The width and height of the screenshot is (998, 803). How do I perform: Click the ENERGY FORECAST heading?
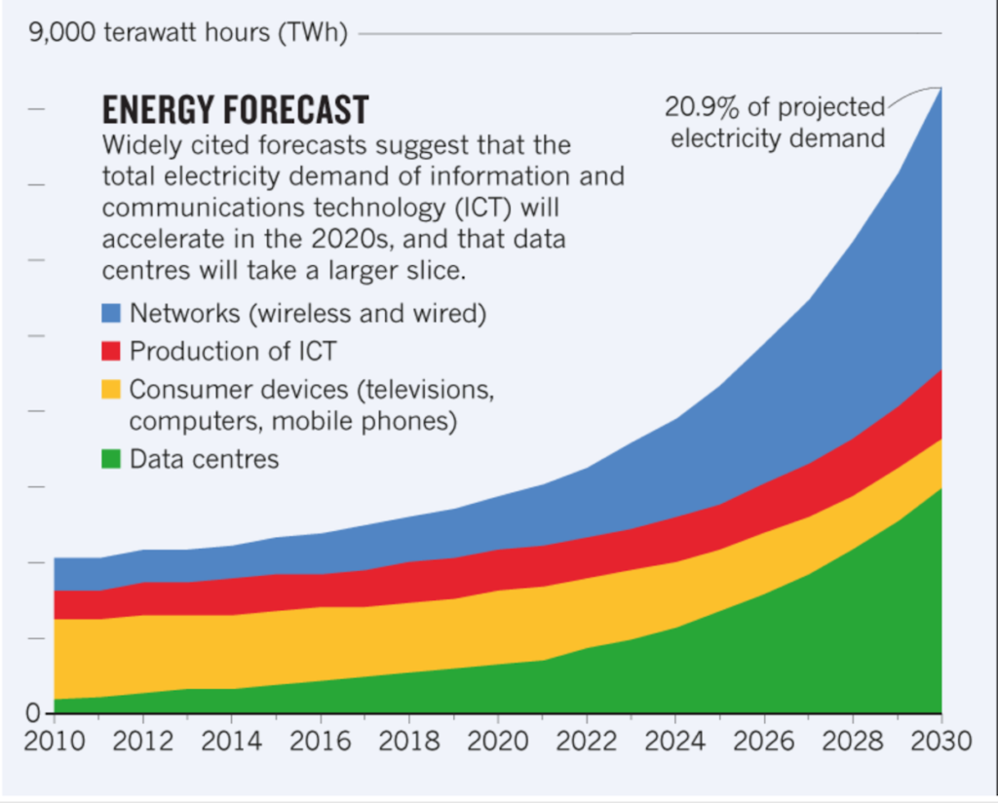[235, 109]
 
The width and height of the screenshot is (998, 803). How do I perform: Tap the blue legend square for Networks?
[112, 314]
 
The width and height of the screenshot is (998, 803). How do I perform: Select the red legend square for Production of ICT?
[112, 352]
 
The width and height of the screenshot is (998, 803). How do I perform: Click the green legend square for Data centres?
[112, 459]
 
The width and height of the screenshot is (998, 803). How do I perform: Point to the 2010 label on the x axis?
[55, 742]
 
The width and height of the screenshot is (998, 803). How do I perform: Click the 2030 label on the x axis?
[940, 742]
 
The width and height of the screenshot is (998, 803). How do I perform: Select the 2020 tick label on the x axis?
[498, 742]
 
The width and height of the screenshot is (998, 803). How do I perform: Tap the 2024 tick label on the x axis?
[674, 742]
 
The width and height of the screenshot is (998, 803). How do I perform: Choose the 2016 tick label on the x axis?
[321, 742]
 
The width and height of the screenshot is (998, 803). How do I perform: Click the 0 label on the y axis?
[31, 713]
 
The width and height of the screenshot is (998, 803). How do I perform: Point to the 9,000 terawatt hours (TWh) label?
[187, 34]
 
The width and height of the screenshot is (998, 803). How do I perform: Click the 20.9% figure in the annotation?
[704, 106]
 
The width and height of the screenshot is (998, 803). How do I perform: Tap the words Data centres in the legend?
[204, 459]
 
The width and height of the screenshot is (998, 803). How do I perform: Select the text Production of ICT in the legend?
[233, 351]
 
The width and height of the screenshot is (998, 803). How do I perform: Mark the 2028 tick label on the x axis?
[852, 742]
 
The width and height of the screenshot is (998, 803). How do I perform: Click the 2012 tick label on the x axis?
[143, 742]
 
